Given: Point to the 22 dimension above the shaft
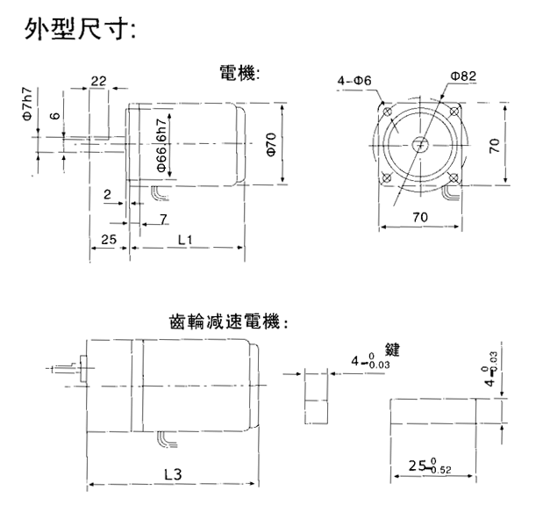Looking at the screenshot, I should click(x=97, y=81).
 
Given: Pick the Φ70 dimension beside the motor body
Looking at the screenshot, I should click(x=271, y=142).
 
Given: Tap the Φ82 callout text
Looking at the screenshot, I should click(x=462, y=76).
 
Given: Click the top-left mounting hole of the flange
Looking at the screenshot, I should click(x=386, y=111).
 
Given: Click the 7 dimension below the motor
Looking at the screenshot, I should click(x=163, y=217).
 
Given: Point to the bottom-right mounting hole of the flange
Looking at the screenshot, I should click(x=451, y=177).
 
